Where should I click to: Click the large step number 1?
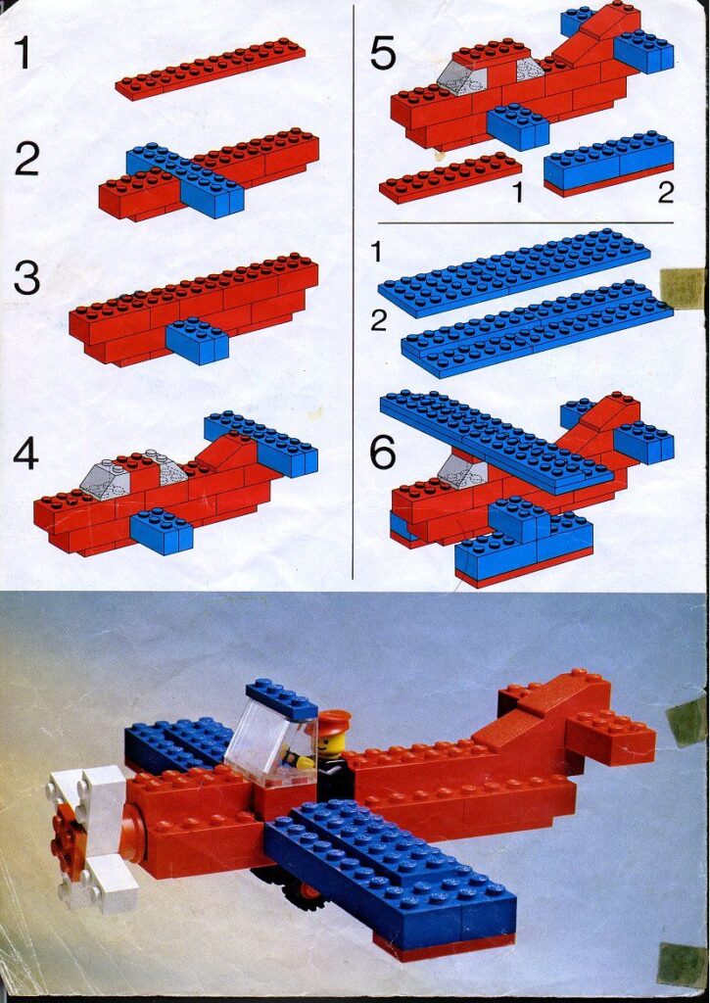(x=27, y=55)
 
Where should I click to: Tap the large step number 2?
(x=26, y=159)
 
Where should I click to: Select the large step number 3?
(x=26, y=278)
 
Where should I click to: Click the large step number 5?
(x=383, y=54)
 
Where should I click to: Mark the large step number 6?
(x=383, y=452)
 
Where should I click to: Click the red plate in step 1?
(x=210, y=69)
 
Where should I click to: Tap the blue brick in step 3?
(x=197, y=341)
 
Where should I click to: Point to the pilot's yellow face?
(x=331, y=744)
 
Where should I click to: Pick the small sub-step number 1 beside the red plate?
(x=517, y=194)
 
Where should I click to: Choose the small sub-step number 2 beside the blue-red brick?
(x=665, y=194)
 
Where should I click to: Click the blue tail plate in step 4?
(x=260, y=440)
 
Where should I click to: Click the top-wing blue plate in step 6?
(x=496, y=438)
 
